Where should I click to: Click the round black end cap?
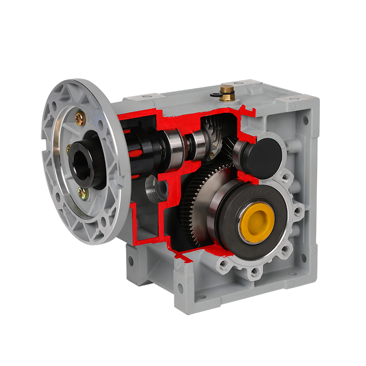(x=264, y=155)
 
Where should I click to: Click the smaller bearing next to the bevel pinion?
(x=198, y=145)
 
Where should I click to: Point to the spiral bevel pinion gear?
(x=215, y=137)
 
